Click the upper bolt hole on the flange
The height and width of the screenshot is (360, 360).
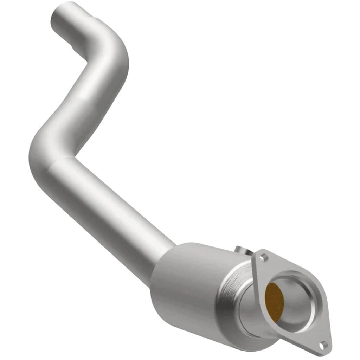pos(264,257)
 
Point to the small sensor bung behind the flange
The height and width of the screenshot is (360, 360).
pos(242,250)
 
